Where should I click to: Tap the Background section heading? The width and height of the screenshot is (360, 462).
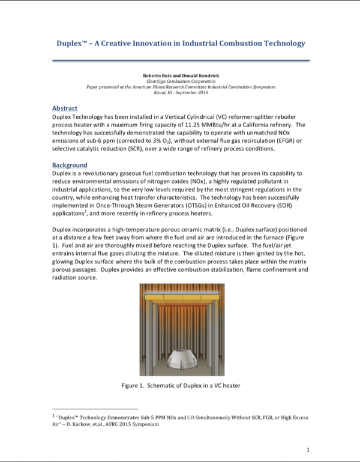[70, 165]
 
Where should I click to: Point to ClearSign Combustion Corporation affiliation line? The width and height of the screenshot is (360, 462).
[180, 81]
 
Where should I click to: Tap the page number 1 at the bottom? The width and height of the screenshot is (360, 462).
[307, 449]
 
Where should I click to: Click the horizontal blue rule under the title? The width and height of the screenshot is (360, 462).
[181, 60]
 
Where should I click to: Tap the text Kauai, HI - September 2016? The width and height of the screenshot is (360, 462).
[180, 92]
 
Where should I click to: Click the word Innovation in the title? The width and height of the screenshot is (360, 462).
[154, 43]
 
